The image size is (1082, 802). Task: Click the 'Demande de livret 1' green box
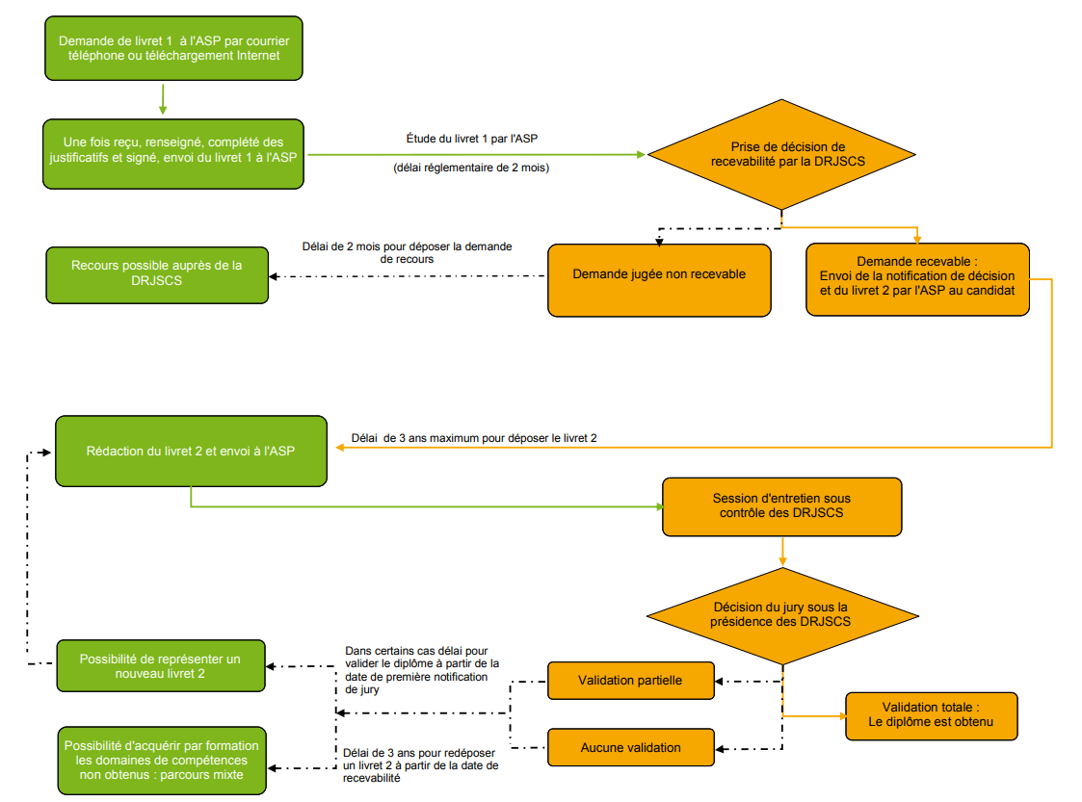coord(173,48)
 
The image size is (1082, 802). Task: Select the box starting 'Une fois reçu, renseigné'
coord(173,154)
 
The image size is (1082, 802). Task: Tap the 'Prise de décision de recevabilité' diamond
coord(780,154)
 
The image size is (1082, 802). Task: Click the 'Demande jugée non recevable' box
coord(659,279)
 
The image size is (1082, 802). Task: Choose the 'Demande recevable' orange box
coord(917,279)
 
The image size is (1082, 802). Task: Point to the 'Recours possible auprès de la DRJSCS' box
coord(157,274)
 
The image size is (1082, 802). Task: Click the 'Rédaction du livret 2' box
coord(191,452)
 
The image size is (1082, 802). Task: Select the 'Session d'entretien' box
coord(781,506)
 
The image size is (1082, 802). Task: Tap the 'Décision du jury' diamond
coord(780,614)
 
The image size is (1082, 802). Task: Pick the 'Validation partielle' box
coord(630,681)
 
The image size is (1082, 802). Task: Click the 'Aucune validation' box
coord(630,748)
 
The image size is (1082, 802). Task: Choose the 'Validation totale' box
coord(932,715)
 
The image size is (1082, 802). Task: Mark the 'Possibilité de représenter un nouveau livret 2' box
coord(160,666)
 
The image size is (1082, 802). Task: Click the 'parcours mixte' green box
coord(161,760)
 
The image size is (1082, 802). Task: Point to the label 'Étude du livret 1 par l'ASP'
coord(472,140)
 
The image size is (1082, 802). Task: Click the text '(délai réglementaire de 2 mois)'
coord(471,168)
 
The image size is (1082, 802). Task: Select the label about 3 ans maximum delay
coord(474,439)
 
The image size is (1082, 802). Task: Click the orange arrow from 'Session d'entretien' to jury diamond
coord(781,552)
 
